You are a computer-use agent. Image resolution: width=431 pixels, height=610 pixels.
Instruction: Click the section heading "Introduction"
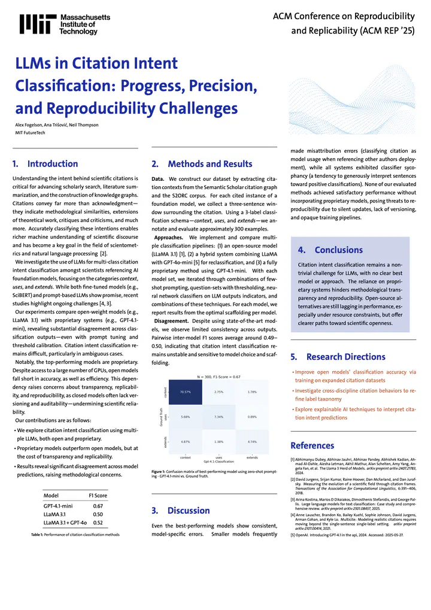[53, 163]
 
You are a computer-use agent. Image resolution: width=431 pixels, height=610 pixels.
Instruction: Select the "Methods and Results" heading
[210, 164]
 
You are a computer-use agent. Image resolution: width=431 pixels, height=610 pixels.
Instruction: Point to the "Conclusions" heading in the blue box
[338, 250]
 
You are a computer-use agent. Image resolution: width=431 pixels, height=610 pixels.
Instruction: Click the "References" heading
[312, 445]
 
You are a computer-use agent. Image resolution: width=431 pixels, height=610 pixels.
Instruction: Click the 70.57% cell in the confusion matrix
[186, 392]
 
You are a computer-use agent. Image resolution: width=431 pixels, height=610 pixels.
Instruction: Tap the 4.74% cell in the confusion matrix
[252, 441]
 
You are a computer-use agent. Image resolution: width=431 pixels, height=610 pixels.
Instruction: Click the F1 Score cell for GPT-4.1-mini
[98, 506]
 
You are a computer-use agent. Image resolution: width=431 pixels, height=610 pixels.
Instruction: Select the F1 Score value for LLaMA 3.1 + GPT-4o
[98, 523]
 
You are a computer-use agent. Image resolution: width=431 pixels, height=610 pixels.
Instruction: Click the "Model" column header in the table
[51, 496]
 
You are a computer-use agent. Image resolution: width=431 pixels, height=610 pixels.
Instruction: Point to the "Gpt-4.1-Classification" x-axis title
[219, 462]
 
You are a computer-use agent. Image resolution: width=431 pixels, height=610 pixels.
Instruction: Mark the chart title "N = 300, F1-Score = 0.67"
[219, 377]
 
